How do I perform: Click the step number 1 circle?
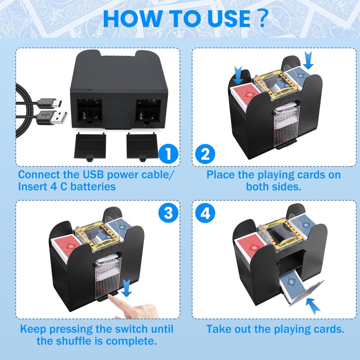coord(168,154)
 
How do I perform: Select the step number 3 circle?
coord(168,213)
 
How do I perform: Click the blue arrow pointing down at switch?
coord(127,287)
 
